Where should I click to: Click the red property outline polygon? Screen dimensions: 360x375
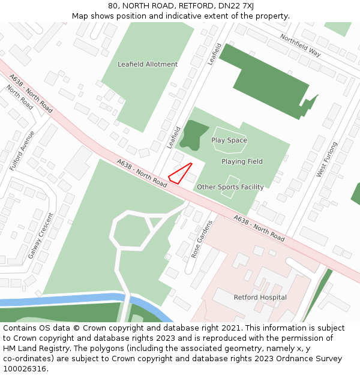(179, 173)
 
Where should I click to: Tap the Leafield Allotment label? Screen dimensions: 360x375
(148, 64)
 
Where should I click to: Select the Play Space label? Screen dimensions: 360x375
(229, 140)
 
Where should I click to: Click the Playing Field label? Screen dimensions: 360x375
(242, 161)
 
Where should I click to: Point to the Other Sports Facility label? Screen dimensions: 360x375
(230, 187)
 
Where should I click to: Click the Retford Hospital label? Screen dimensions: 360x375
(260, 298)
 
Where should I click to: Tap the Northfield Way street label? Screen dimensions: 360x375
(301, 45)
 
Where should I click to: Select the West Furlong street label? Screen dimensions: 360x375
(327, 159)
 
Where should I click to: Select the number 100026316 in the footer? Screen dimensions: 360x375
(26, 369)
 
